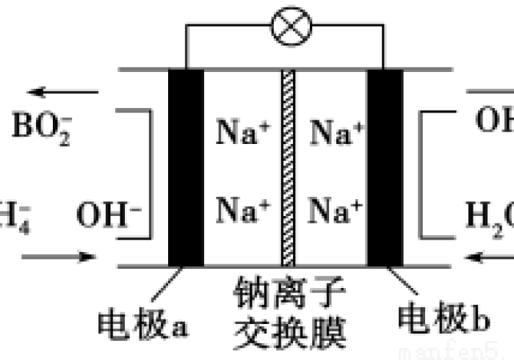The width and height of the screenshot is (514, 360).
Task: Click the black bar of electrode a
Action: pyautogui.click(x=186, y=168)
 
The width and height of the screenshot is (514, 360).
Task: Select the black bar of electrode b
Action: pyautogui.click(x=385, y=168)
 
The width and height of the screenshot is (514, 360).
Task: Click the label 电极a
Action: pyautogui.click(x=144, y=320)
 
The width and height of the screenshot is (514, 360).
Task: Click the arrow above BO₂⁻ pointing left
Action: pyautogui.click(x=63, y=93)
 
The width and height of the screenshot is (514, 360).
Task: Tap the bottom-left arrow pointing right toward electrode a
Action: pyautogui.click(x=59, y=257)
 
